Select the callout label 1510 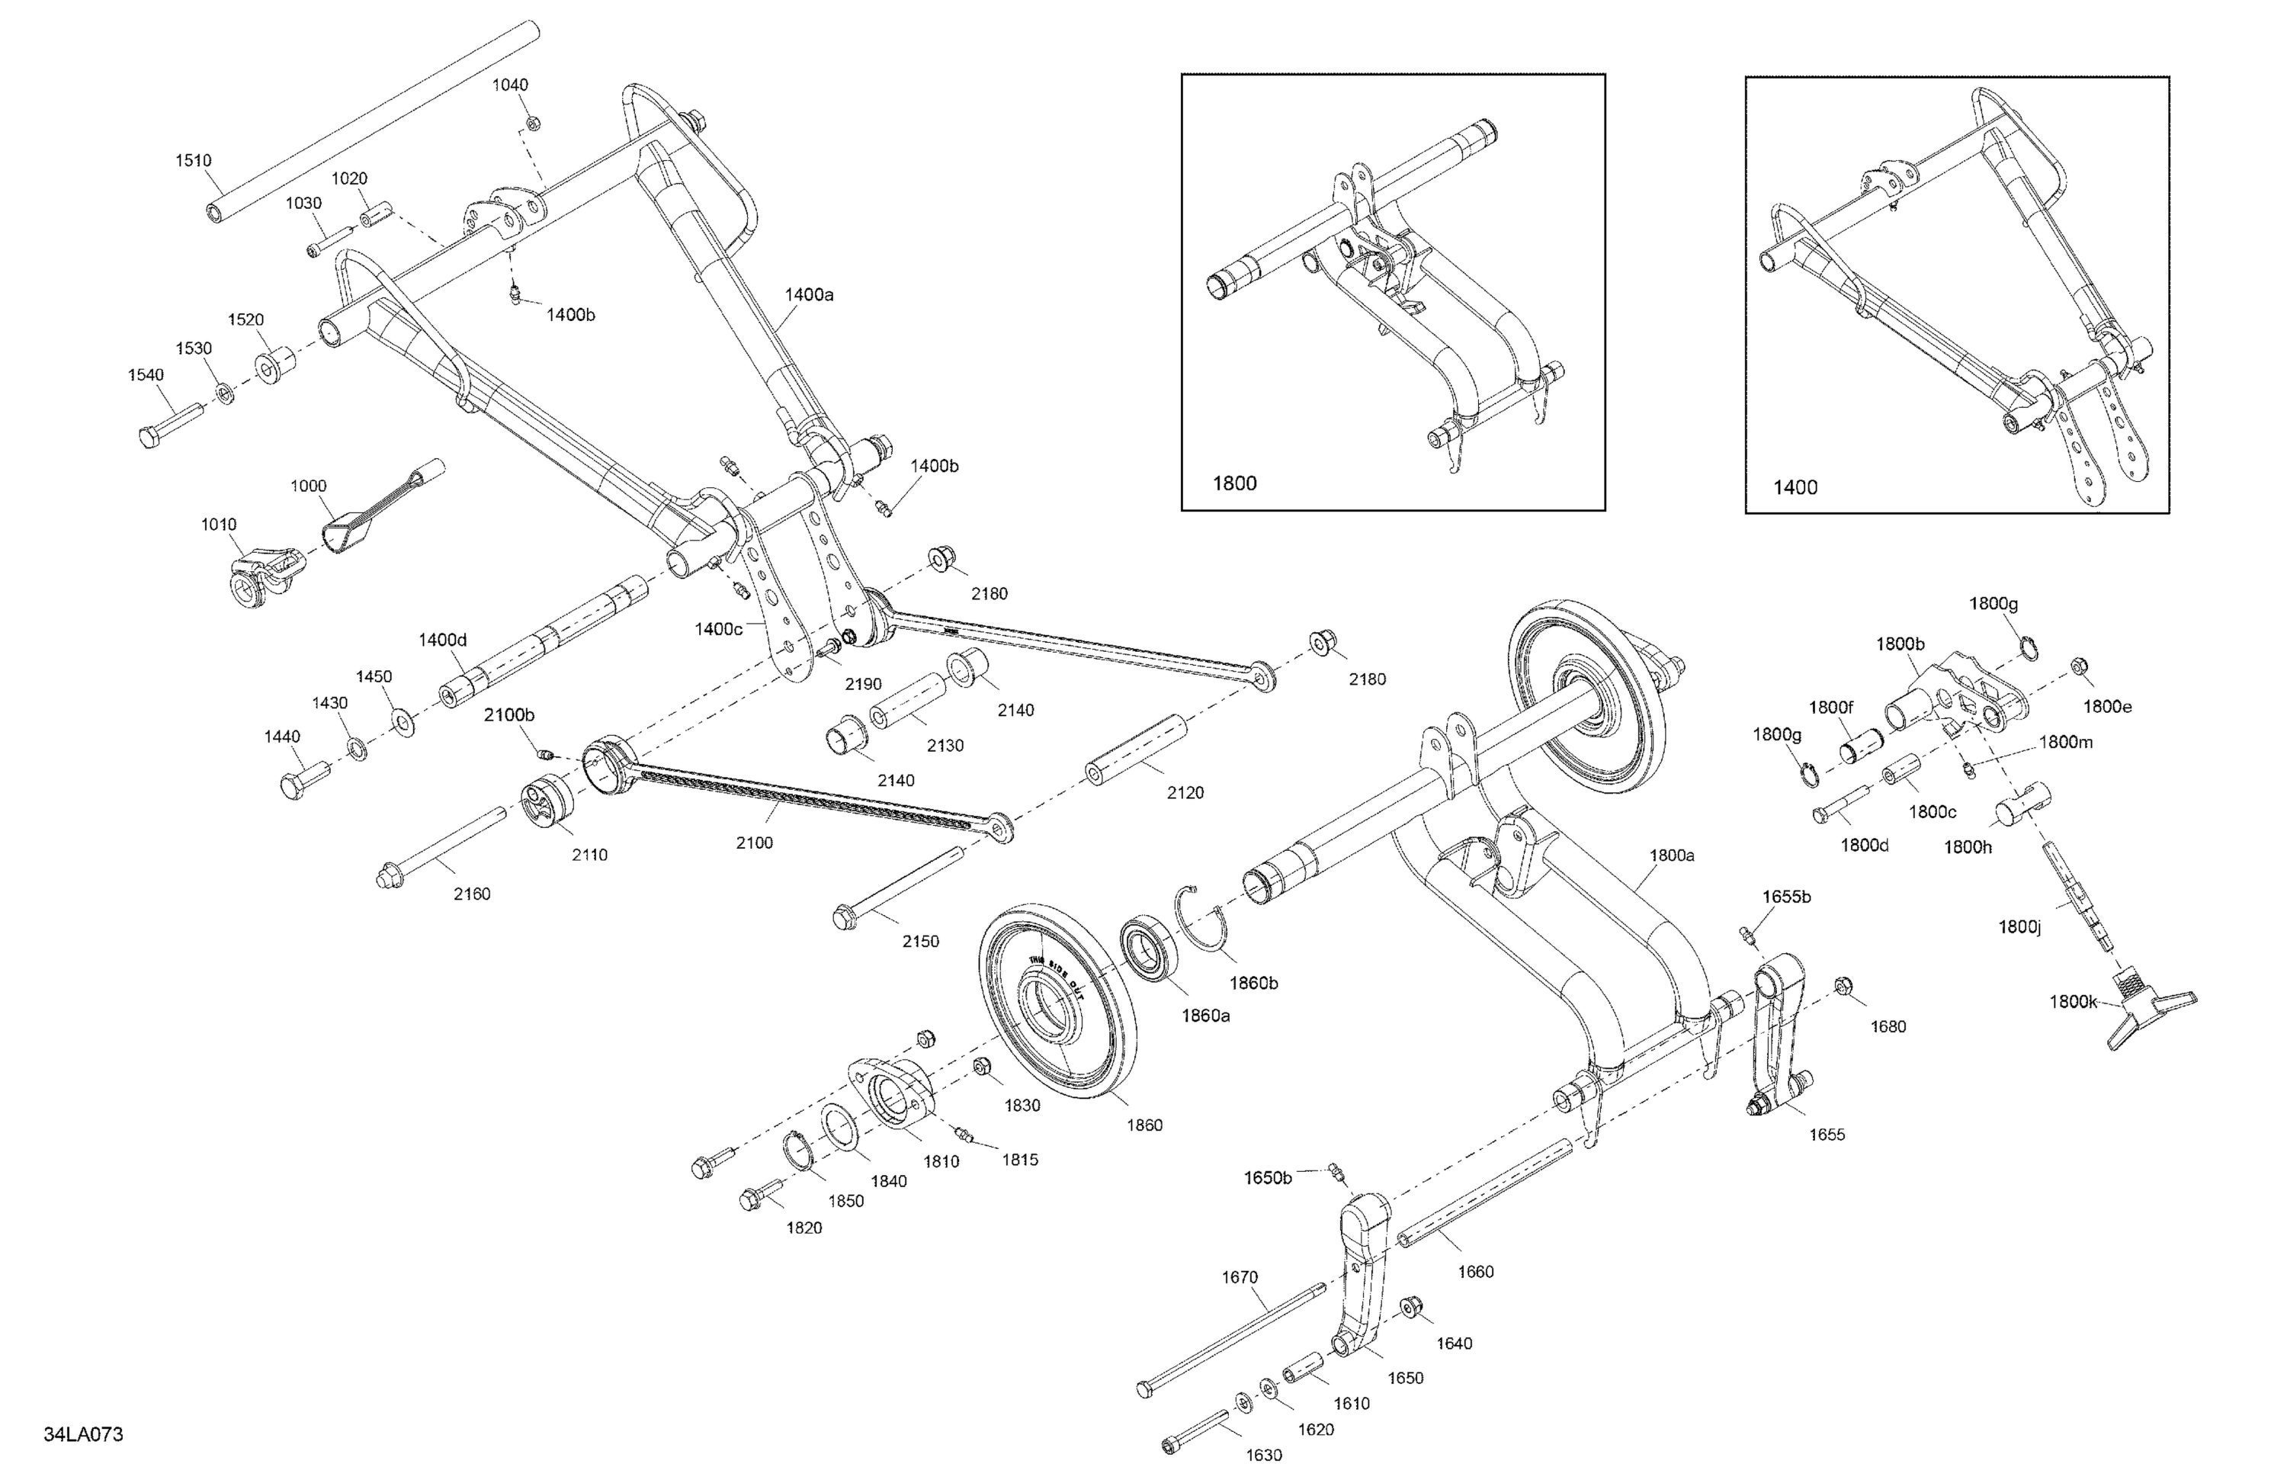pyautogui.click(x=193, y=161)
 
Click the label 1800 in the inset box pyautogui.click(x=1233, y=483)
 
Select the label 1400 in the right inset pyautogui.click(x=1794, y=487)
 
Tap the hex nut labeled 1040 pyautogui.click(x=534, y=122)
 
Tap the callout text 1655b pyautogui.click(x=1785, y=897)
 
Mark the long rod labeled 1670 pyautogui.click(x=1230, y=1339)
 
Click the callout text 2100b pyautogui.click(x=508, y=714)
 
